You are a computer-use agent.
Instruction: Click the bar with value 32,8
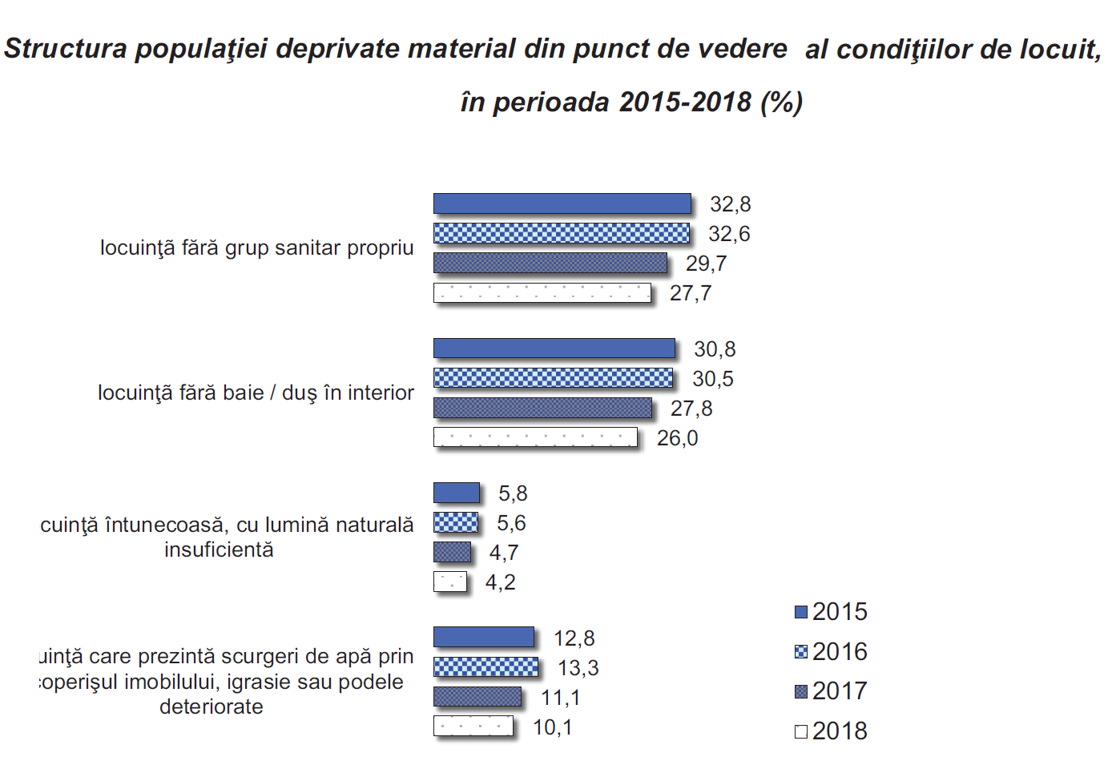click(562, 203)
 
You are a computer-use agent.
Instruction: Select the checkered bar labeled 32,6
click(561, 233)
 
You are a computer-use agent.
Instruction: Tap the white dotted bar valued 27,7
click(542, 292)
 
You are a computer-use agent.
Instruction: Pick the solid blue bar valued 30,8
click(554, 348)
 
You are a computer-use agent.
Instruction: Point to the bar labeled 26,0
click(535, 437)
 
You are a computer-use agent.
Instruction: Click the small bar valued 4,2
click(449, 582)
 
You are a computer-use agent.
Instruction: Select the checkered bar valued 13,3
click(485, 666)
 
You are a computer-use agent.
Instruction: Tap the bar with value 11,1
click(477, 697)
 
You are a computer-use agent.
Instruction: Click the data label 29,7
click(706, 264)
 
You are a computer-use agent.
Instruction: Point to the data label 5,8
click(513, 493)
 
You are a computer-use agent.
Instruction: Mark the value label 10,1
click(553, 727)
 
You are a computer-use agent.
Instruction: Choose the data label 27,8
click(691, 409)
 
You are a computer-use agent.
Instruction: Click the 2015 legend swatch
click(801, 612)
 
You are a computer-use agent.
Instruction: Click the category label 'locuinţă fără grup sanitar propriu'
click(256, 248)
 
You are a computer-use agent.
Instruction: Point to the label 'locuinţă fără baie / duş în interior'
click(256, 393)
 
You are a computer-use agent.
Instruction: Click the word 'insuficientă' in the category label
click(219, 550)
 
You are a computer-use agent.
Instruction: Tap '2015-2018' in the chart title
click(686, 103)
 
